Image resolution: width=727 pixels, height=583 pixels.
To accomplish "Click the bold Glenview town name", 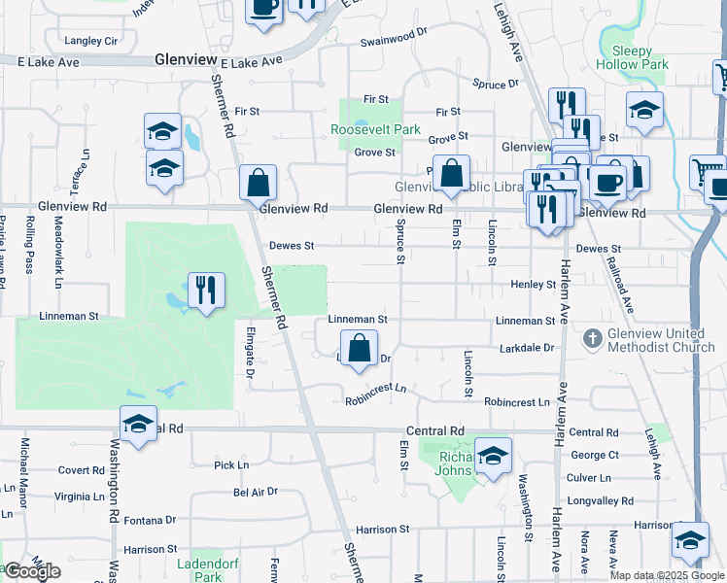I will coord(185,60).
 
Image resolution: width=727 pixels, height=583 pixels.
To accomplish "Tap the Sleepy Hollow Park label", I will coord(633,57).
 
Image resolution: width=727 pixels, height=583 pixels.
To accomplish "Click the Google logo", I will coord(32,571).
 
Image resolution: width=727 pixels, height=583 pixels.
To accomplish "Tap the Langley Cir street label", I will coord(90,41).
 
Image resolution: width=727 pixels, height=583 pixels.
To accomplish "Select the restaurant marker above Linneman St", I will coord(205,291).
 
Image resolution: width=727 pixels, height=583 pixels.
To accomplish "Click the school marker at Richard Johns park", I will coord(493,456).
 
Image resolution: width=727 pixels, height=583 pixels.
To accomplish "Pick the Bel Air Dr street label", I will coord(256,493).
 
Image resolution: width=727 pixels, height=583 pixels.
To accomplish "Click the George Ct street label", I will coord(595,455).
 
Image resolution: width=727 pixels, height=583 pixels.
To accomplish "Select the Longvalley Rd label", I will coord(601,501).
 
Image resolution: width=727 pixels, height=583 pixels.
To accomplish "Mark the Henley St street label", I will coord(533,285).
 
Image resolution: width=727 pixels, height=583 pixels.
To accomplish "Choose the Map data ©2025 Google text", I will coord(667,575).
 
